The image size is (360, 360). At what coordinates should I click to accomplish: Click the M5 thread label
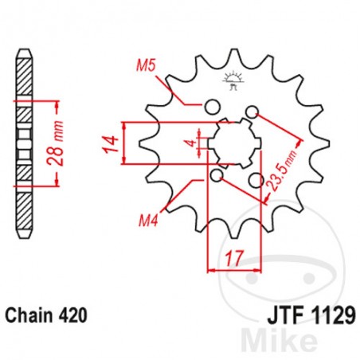tap(146, 66)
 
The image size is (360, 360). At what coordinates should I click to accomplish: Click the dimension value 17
tap(233, 257)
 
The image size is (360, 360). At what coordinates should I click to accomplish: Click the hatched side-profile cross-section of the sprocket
tap(25, 143)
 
